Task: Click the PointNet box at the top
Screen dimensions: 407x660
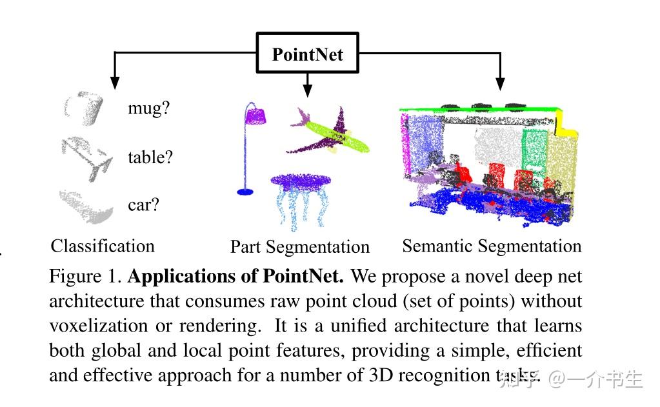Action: click(307, 54)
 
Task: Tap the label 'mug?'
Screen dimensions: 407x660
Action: click(148, 108)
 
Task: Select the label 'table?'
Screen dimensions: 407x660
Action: click(150, 157)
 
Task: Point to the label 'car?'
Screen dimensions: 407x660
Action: click(143, 205)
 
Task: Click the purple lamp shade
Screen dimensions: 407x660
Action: click(256, 116)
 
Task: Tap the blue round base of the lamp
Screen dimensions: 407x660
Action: click(245, 191)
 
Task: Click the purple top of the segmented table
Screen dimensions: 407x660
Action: click(301, 181)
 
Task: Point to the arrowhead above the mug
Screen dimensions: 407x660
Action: click(115, 82)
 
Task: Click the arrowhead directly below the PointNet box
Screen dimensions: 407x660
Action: click(307, 84)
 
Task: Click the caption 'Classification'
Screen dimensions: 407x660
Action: click(103, 246)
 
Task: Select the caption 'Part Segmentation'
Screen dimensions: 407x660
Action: click(300, 247)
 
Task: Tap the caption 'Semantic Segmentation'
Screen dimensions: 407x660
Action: click(492, 246)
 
